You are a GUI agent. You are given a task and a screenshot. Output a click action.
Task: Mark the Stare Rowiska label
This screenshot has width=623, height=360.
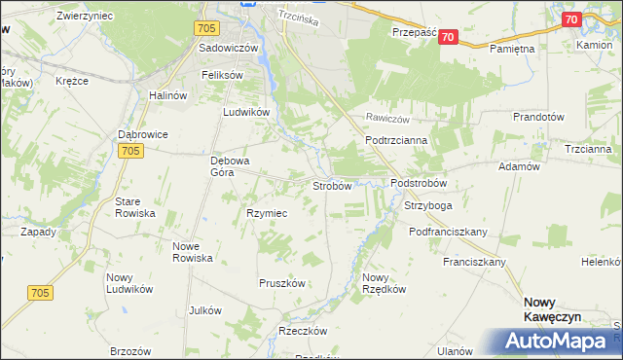(x=135, y=206)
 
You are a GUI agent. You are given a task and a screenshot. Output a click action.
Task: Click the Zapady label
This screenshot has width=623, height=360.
(x=39, y=232)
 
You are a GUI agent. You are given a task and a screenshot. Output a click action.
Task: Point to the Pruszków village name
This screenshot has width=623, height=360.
(x=282, y=283)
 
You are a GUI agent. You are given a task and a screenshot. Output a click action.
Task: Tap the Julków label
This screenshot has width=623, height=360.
(x=205, y=310)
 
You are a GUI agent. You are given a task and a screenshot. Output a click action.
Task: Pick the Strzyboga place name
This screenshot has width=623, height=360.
(x=428, y=206)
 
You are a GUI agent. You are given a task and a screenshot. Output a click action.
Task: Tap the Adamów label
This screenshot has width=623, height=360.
(x=519, y=167)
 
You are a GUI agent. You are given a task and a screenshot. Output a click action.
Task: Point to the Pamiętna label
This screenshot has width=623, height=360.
(x=513, y=48)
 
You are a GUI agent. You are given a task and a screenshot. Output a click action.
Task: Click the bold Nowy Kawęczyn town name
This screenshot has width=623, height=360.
(x=552, y=309)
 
